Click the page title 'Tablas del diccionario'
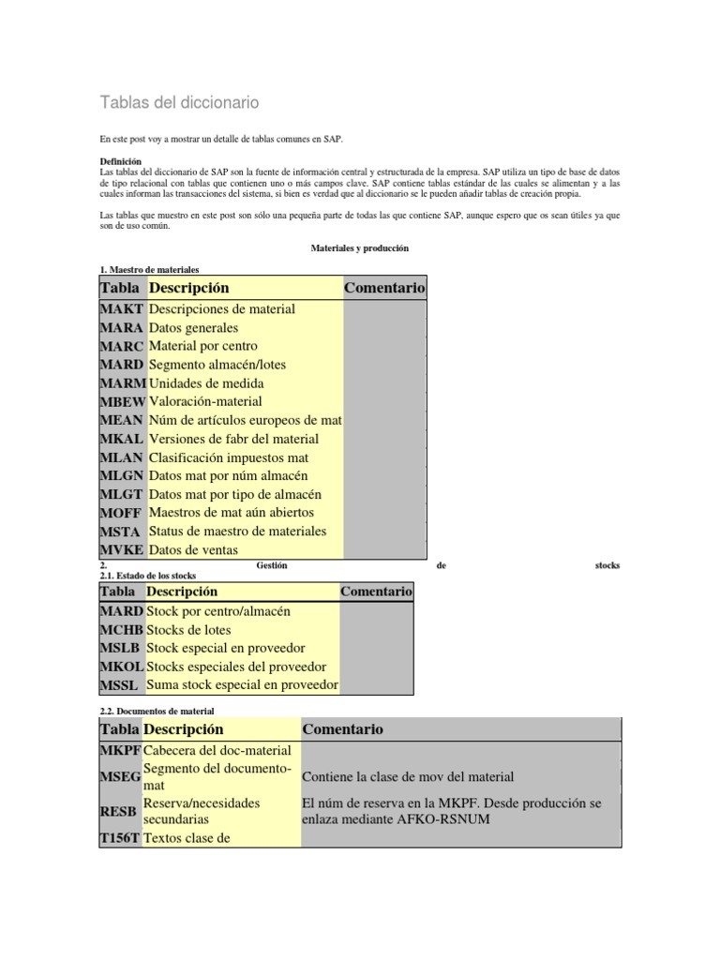tap(179, 101)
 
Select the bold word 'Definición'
tap(120, 161)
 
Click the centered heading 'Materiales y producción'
tap(359, 248)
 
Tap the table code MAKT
tap(121, 309)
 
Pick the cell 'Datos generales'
tap(194, 328)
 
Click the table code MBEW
tap(122, 402)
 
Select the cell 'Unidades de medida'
tap(206, 383)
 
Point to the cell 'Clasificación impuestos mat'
tap(229, 457)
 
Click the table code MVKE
tap(122, 550)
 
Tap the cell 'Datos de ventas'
tap(194, 550)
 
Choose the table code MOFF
tap(122, 513)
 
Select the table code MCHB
tap(122, 630)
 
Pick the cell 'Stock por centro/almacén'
tap(218, 611)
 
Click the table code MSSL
tap(119, 685)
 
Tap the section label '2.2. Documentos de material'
tap(157, 712)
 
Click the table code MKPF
tap(120, 751)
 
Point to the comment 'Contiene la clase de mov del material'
tap(408, 777)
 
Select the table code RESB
tap(119, 811)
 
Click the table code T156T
tap(121, 839)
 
